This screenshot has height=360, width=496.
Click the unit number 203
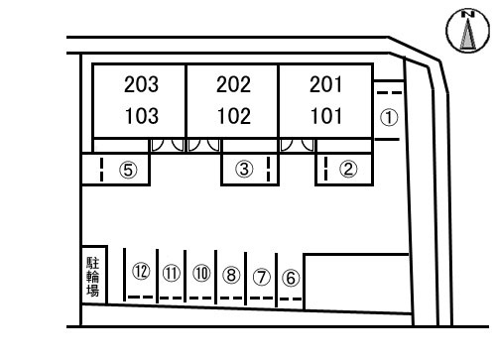pos(141,84)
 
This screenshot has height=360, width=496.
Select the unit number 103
pos(142,116)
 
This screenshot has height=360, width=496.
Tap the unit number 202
pos(233,84)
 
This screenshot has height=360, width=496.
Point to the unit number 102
pos(234,116)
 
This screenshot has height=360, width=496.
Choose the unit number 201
pos(325,84)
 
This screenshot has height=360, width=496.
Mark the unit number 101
pos(326,116)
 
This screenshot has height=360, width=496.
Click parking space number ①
pos(389,118)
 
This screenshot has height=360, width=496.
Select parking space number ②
pos(348,169)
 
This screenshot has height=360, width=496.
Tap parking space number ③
pos(244,169)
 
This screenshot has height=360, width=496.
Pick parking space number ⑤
pos(128,170)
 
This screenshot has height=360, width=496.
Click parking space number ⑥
pos(291,278)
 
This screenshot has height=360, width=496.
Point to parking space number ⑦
pos(262,277)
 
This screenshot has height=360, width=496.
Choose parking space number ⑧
pos(231,275)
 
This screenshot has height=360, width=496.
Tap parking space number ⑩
pos(201,273)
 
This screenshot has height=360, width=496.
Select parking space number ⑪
pos(172,273)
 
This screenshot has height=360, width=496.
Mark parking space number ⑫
pos(141,271)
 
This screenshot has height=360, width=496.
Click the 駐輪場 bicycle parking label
pos(93,277)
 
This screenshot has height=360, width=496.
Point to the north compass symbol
pos(467,30)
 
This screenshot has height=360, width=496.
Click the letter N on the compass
pos(467,14)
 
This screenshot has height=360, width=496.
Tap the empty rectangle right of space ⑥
pos(357,283)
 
